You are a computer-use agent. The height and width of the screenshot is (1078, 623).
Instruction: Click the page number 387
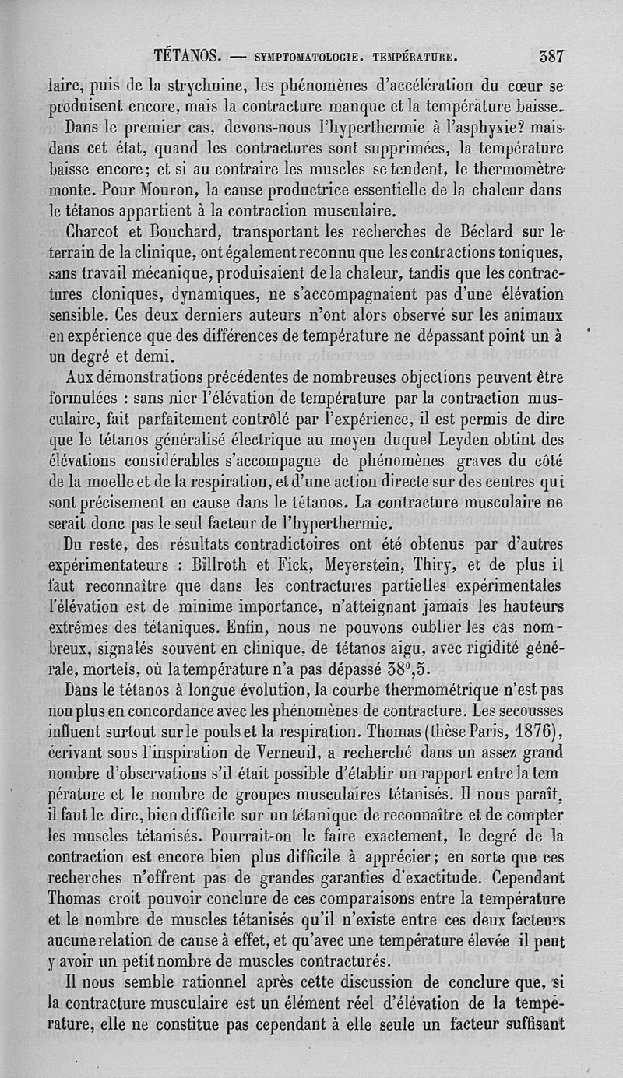[551, 56]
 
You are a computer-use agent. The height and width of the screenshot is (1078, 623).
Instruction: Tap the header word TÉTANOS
[189, 56]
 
